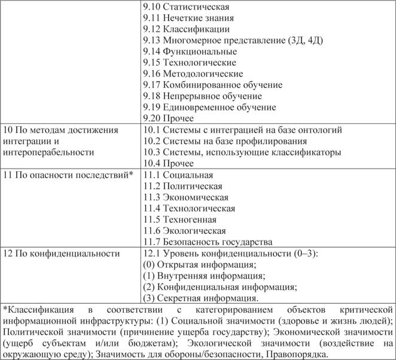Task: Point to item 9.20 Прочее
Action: [x=169, y=118]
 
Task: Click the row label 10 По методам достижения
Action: [x=60, y=129]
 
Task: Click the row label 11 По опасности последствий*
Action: [x=68, y=175]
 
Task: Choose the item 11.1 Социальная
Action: [x=178, y=175]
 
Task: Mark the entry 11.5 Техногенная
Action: [x=179, y=219]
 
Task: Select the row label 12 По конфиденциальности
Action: [x=62, y=254]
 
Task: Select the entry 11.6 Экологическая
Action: [x=185, y=231]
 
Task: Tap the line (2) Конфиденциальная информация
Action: [x=214, y=287]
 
